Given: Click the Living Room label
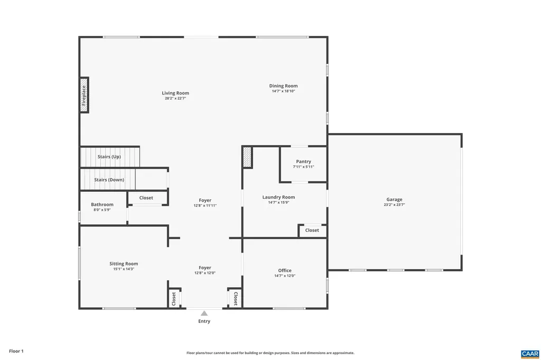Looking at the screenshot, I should [175, 93].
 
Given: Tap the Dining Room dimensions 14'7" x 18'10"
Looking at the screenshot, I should [283, 91].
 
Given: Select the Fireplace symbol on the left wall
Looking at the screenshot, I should [84, 95].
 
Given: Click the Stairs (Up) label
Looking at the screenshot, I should [109, 157].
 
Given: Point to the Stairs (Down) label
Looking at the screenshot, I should [109, 179].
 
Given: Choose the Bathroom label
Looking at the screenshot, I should [102, 204].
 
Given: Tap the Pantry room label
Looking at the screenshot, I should [303, 162].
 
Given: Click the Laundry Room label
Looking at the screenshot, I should [278, 197].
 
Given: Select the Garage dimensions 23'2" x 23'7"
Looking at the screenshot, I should [394, 205].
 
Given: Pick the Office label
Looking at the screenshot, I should [285, 270].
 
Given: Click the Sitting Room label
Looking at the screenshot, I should [124, 263].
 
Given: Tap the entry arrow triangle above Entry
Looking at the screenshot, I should [204, 313].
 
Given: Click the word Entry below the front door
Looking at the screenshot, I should [204, 321].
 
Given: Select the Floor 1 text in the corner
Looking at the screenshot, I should [16, 351].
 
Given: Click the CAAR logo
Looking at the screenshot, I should [529, 353].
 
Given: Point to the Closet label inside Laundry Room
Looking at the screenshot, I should [312, 230].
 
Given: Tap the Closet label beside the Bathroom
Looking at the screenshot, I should [146, 198].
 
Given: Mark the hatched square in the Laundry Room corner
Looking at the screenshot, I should [247, 157].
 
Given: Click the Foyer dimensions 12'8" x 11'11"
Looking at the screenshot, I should [205, 205].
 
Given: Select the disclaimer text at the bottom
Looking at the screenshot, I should [270, 353].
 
